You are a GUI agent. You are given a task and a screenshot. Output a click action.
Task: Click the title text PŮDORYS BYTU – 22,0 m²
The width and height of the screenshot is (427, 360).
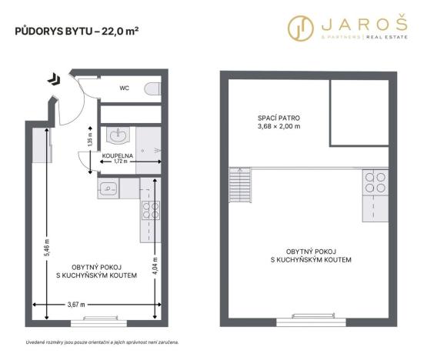pos(78,32)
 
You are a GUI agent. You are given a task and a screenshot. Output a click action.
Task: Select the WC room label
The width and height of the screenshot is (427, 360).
pos(124,88)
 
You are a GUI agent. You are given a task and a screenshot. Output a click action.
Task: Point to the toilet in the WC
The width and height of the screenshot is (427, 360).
pos(153,88)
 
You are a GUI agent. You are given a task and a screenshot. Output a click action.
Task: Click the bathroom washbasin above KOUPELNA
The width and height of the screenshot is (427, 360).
pos(118,136)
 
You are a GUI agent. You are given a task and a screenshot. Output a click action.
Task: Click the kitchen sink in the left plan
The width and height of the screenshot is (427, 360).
pos(108,188)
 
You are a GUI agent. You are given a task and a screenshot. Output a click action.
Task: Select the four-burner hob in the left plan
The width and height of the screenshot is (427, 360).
pos(149,209)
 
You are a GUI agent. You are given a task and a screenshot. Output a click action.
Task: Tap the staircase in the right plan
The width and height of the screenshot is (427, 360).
pos(239,185)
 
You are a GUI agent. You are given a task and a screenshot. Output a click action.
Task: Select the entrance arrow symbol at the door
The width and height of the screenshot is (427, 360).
pos(52,78)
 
